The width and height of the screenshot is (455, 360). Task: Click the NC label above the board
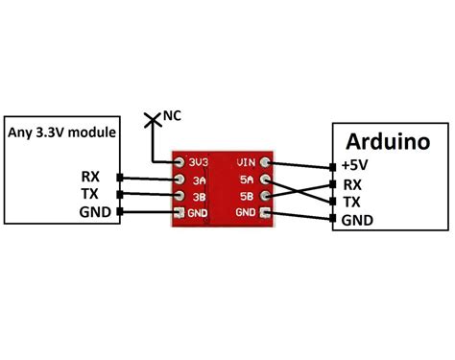(172, 115)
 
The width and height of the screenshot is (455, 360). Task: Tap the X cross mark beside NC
(152, 120)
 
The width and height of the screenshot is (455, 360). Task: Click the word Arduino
(388, 141)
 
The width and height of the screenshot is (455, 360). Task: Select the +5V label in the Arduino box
(354, 165)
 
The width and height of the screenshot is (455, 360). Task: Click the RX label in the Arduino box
(352, 184)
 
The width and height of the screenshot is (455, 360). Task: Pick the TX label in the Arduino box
(351, 202)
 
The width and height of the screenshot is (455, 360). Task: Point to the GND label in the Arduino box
(357, 220)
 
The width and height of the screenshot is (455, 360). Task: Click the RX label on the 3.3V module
(90, 177)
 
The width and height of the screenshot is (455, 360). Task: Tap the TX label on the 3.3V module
(90, 194)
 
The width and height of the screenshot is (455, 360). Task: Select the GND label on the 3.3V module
(95, 212)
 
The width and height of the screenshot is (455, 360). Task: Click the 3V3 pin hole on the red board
(180, 162)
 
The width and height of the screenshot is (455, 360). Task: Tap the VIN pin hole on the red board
(265, 162)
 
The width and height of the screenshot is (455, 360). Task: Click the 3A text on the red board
(199, 180)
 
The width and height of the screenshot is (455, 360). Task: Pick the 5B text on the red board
(247, 196)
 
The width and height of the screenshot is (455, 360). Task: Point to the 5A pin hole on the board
(265, 180)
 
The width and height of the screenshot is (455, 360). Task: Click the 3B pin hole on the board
(180, 196)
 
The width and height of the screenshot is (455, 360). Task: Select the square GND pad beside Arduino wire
(265, 212)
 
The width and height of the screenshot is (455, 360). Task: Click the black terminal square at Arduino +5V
(333, 167)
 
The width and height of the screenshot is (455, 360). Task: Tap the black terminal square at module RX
(120, 178)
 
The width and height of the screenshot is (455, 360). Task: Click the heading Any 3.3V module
(61, 132)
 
